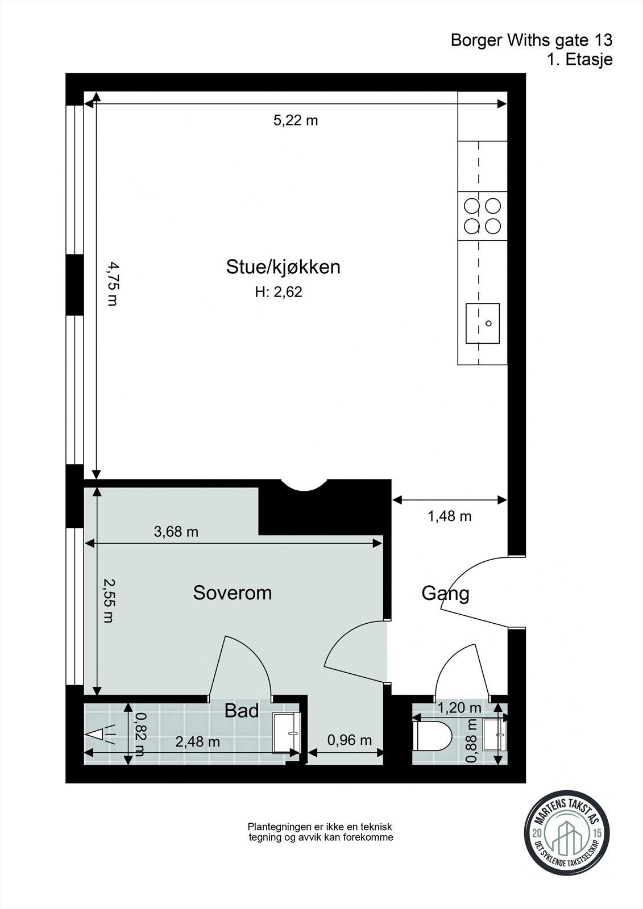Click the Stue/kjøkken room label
pos(283,268)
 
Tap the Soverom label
pos(233,593)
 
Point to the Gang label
pos(446,594)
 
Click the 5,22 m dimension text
pos(296,120)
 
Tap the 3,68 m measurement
pos(176,532)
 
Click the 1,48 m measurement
pos(450,516)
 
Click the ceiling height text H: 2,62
pos(279,292)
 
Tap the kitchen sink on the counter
pos(483,323)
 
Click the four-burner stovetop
pos(483,216)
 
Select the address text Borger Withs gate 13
pos(532,40)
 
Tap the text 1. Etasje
pos(580,60)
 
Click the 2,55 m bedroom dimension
pos(109,601)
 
